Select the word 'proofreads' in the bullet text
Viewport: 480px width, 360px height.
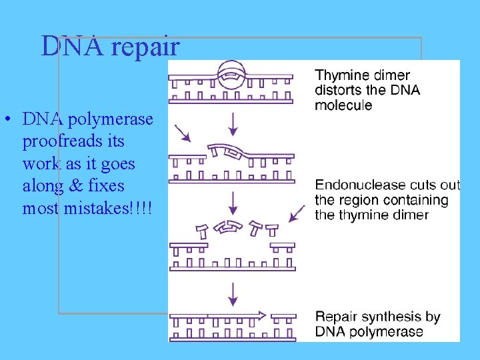coord(73,142)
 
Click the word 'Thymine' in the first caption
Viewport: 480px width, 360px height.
coord(344,76)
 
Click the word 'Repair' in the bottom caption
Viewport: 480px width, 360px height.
coord(337,317)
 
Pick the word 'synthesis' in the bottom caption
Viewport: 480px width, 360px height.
coord(391,317)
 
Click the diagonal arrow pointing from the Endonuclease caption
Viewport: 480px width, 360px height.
coord(297,214)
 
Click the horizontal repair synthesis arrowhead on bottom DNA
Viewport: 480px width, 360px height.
coord(261,315)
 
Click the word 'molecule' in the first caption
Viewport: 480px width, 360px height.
coord(343,105)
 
